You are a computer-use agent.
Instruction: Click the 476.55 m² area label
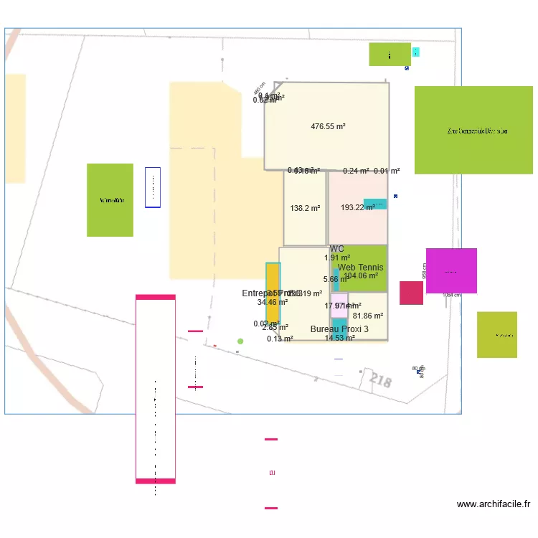[328, 126]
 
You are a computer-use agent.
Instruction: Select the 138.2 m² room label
[305, 208]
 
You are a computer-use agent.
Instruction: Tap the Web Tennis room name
[360, 268]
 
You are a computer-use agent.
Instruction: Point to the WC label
[337, 249]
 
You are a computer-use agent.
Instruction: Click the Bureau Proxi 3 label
[339, 329]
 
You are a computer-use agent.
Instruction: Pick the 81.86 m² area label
[368, 316]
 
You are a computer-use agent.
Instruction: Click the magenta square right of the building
[451, 271]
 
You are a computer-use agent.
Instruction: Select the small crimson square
[411, 293]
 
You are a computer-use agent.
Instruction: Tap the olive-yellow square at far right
[497, 334]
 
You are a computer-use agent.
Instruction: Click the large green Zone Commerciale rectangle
[473, 131]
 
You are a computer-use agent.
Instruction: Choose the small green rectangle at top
[390, 55]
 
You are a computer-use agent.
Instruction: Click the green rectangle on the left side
[110, 200]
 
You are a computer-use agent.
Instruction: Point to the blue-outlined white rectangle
[153, 187]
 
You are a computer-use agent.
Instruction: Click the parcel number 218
[381, 381]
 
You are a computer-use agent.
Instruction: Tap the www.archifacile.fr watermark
[494, 504]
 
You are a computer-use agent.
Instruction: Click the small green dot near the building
[240, 341]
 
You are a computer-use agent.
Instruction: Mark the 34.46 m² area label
[273, 303]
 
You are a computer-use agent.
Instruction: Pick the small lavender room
[339, 305]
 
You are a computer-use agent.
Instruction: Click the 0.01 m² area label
[387, 171]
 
